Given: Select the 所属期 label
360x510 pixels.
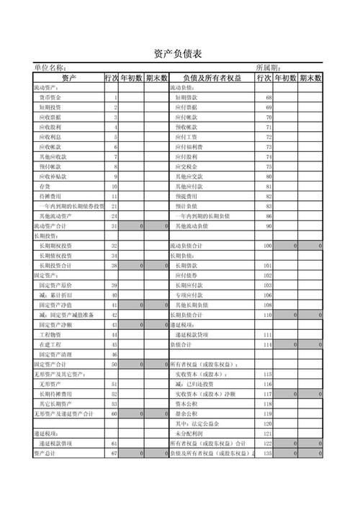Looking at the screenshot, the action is [x=269, y=68].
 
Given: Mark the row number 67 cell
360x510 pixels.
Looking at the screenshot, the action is [x=113, y=453].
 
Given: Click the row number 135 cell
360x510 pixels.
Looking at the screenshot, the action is [x=266, y=453].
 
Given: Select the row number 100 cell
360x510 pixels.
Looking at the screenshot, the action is [x=267, y=246].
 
